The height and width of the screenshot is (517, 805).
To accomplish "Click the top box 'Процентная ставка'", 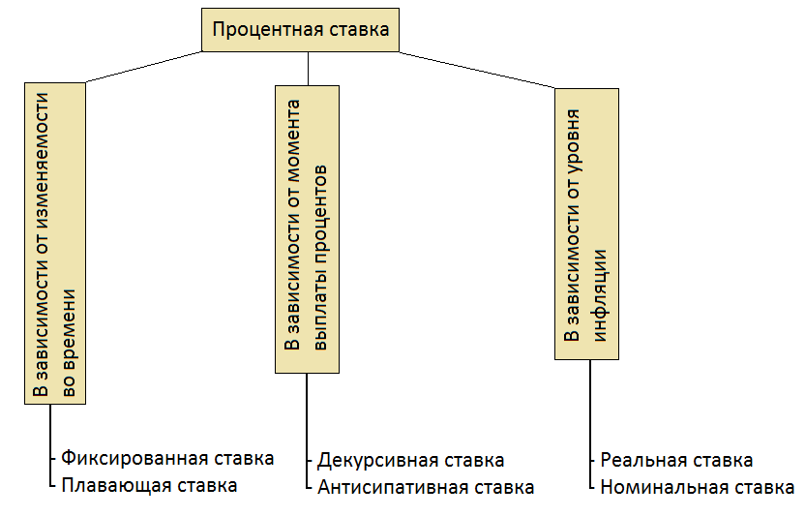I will [x=300, y=30].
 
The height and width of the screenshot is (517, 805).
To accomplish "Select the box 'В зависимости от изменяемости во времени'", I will [x=56, y=241].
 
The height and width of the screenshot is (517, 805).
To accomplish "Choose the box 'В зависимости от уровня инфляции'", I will [x=585, y=225].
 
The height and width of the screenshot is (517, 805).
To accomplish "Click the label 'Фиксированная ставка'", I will [x=167, y=457].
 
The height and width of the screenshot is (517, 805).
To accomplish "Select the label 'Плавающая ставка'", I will [x=149, y=484].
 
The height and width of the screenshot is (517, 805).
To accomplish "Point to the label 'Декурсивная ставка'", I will [x=411, y=460].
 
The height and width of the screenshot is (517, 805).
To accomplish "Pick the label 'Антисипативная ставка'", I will [x=426, y=486].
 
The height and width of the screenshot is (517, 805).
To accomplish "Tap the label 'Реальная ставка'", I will [x=676, y=460].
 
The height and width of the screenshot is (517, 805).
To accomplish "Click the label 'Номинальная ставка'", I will [x=698, y=486].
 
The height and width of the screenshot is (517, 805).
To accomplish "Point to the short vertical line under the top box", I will [x=308, y=68].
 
